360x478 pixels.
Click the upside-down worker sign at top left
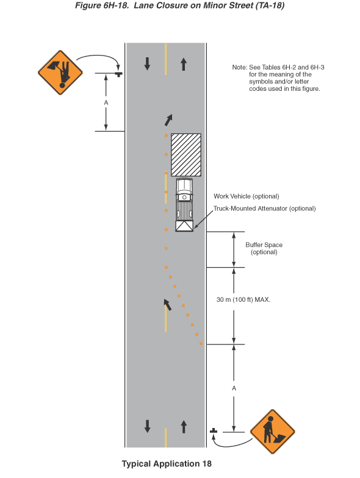click(x=60, y=73)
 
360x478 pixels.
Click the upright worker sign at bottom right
click(x=272, y=432)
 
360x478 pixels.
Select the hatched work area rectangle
click(x=185, y=155)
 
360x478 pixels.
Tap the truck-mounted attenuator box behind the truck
click(x=184, y=226)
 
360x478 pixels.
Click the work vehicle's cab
click(x=184, y=188)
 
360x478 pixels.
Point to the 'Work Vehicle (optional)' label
click(x=247, y=196)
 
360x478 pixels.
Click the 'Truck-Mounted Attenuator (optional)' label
click(x=265, y=209)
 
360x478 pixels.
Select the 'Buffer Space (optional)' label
click(x=264, y=249)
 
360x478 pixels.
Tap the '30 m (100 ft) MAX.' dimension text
click(x=243, y=300)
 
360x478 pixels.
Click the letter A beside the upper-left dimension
click(x=106, y=102)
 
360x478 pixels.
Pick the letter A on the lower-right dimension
click(x=234, y=388)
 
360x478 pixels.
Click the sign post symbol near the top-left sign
click(x=119, y=74)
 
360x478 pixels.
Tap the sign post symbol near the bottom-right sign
click(x=214, y=430)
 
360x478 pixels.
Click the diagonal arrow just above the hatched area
click(x=168, y=120)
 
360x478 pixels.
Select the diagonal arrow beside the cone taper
click(x=167, y=305)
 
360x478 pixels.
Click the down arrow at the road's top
click(x=148, y=63)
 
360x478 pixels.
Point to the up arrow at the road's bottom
click(x=184, y=427)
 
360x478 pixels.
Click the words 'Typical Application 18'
click(x=167, y=463)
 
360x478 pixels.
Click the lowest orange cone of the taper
click(x=201, y=344)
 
